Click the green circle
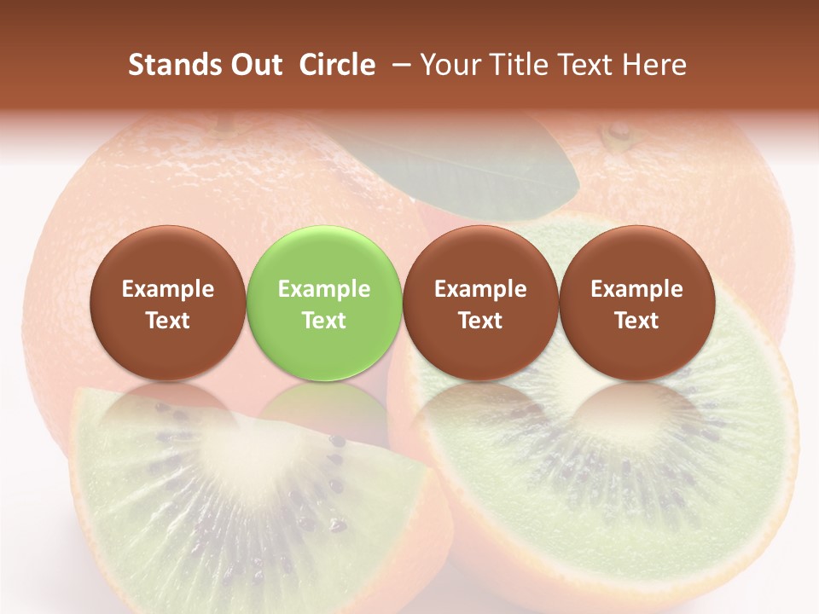coord(324,303)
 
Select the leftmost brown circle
coord(167,303)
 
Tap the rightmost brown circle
coord(636,303)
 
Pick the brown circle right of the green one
coord(480,303)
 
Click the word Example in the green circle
coord(324,289)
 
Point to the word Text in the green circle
coord(324,321)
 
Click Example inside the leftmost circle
coord(167,289)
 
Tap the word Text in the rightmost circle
coord(636,321)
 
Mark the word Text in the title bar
coord(588,65)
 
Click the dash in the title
coord(398,65)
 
